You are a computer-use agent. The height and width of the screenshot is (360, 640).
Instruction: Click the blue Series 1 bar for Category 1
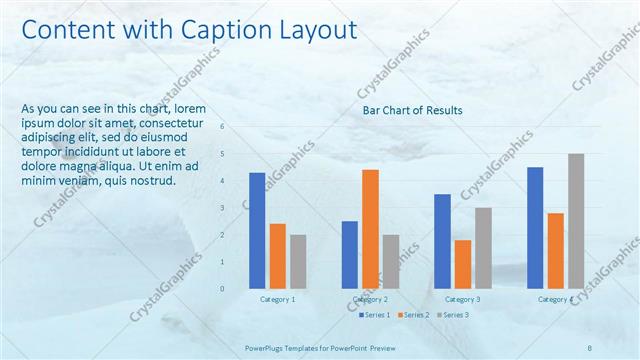257,231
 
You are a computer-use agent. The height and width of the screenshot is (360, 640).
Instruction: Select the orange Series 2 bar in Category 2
370,229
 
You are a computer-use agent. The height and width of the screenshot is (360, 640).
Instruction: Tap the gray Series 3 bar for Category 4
575,221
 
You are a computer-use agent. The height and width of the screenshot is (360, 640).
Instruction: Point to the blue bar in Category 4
535,228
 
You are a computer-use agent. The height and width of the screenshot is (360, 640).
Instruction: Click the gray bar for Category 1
298,262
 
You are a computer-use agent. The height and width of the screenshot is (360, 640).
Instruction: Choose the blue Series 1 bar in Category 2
350,255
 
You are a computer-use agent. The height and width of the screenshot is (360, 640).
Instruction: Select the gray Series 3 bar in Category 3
483,248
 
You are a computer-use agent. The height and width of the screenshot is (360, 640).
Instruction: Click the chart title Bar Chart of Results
413,110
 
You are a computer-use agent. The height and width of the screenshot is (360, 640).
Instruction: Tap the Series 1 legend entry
374,315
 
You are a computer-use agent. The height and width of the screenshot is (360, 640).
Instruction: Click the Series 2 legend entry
413,315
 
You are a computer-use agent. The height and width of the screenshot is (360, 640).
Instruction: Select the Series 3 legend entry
452,315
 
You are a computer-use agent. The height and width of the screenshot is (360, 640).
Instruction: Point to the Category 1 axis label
277,299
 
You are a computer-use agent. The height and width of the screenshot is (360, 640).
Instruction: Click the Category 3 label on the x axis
462,299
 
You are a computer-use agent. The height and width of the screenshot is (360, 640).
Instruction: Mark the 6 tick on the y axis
223,127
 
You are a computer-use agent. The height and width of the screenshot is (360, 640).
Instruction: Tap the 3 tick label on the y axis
223,208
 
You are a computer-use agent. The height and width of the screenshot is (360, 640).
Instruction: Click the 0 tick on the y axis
223,289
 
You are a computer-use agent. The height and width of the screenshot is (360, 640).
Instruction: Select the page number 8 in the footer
591,347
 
